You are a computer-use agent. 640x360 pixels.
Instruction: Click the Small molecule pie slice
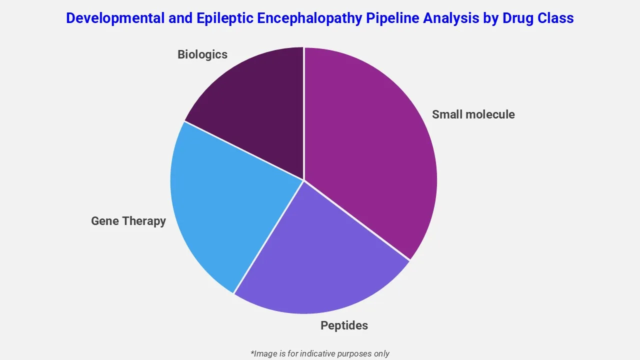point(370,145)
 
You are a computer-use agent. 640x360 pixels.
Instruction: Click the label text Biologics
point(202,54)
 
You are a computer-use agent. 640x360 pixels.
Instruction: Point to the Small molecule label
point(473,114)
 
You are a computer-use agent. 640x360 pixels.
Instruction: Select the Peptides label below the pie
point(344,325)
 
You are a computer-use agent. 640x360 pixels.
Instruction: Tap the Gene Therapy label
point(128,221)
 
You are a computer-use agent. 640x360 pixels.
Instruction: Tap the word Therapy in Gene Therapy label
point(143,221)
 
